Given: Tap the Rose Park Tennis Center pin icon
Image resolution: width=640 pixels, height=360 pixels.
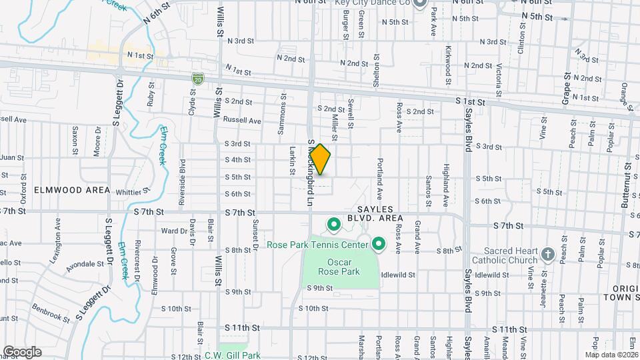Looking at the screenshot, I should click(x=379, y=245).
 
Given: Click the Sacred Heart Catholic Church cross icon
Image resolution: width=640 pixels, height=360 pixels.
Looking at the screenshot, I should click(x=547, y=254).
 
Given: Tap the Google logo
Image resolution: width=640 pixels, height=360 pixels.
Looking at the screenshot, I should click(x=22, y=351).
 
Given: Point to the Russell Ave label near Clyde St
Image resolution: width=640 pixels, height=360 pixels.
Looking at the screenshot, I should click(x=243, y=121).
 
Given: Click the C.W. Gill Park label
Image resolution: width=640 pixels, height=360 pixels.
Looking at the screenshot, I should click(x=233, y=355).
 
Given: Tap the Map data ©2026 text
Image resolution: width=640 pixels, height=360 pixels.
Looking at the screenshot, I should click(x=611, y=355).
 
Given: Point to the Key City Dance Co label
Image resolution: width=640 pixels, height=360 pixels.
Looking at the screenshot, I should click(x=372, y=3).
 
